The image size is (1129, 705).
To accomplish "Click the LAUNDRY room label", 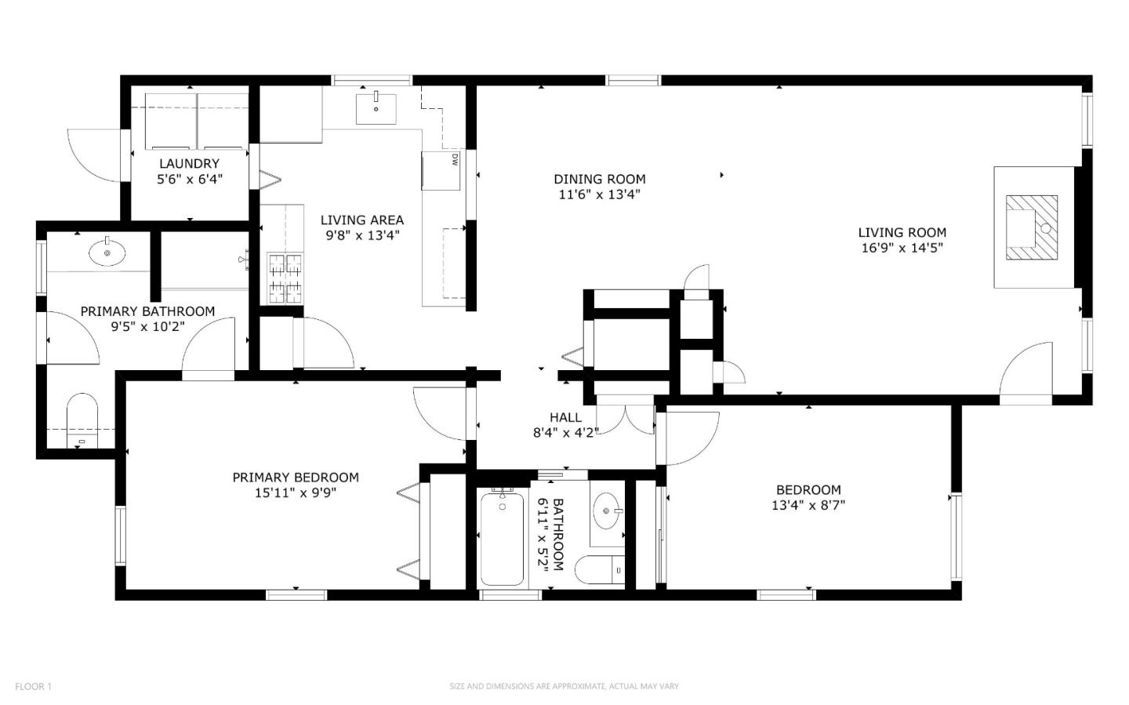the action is click(x=190, y=164).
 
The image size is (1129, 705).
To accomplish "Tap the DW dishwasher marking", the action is click(x=455, y=160).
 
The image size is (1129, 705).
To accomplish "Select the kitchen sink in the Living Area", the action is click(x=376, y=108).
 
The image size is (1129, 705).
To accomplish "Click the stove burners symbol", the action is click(x=285, y=279).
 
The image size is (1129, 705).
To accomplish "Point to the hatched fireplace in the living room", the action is click(x=1032, y=227).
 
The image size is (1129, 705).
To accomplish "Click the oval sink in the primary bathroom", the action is click(x=107, y=253).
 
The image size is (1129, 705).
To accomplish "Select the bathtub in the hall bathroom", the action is click(x=502, y=539).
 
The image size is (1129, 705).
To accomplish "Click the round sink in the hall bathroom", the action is click(x=608, y=511).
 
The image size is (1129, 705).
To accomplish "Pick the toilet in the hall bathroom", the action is click(x=600, y=570).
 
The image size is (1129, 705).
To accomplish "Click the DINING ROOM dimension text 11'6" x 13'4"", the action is click(x=599, y=194).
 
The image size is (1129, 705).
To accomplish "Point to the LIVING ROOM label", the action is click(x=902, y=232).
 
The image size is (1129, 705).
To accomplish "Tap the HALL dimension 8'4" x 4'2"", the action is click(x=565, y=433).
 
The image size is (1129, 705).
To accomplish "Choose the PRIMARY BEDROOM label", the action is click(x=296, y=477).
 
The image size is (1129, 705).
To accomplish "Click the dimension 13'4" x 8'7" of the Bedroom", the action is click(x=808, y=505).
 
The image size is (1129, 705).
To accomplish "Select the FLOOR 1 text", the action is click(x=33, y=686).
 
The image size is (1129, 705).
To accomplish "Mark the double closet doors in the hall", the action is click(x=626, y=416).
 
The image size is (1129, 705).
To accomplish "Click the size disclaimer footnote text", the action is click(x=564, y=686).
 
